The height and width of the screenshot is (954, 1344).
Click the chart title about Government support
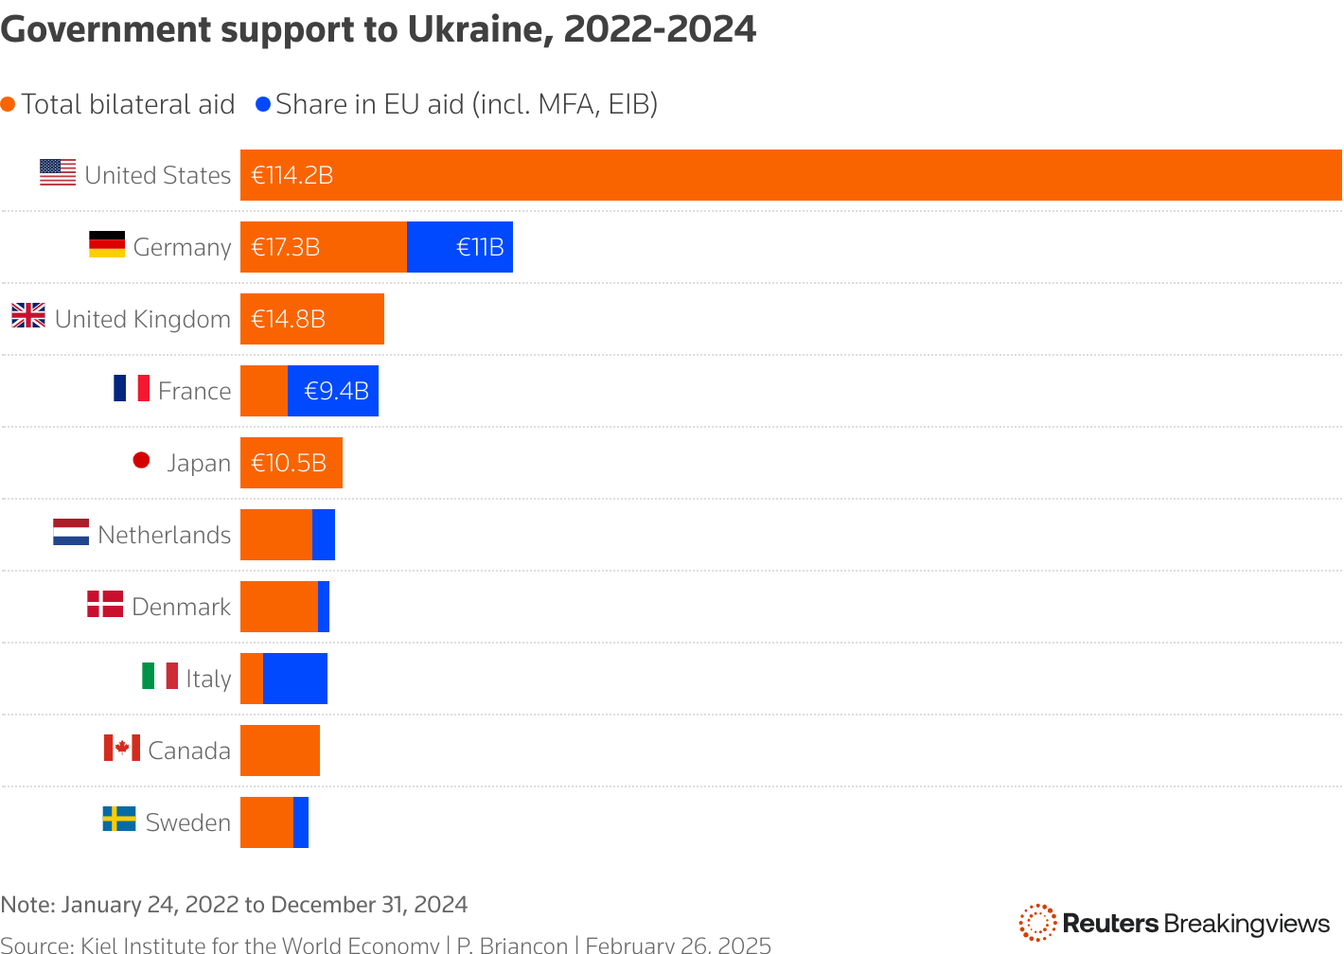pos(378,30)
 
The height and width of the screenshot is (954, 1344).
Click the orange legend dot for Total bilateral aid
pos(9,104)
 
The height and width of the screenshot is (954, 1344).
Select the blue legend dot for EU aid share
pos(263,104)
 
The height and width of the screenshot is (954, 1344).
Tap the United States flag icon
pos(58,172)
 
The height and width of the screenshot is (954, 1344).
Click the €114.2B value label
pos(292,176)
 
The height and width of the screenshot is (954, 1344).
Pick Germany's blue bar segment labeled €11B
pos(460,247)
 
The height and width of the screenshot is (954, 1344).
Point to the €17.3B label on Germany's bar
pos(286,248)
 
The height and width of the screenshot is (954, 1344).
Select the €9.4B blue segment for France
pos(333,391)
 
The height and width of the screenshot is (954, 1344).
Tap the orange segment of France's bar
pos(264,391)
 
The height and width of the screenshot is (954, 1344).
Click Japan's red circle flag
pos(142,461)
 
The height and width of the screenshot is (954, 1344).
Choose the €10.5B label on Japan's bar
pos(289,463)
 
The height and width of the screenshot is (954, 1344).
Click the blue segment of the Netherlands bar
pos(324,535)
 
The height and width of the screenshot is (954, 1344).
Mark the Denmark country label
pos(181,607)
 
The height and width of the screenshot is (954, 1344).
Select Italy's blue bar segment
pos(295,679)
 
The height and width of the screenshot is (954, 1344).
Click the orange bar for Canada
pos(280,751)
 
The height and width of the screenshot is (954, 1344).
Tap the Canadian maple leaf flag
pos(122,748)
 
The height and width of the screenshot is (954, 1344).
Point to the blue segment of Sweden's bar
pos(301,822)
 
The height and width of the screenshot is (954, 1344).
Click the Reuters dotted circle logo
pos(1037,923)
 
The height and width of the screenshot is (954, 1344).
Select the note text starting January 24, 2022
pos(234,905)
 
